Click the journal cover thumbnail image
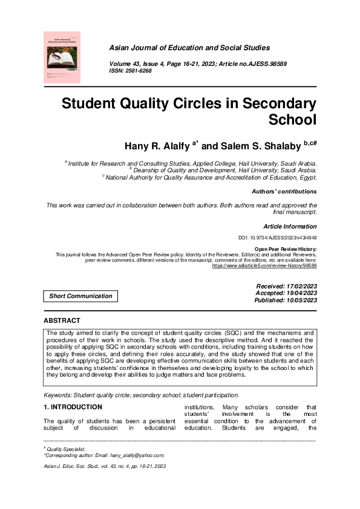(x=62, y=57)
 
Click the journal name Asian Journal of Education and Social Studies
(x=204, y=47)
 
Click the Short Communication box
(x=80, y=296)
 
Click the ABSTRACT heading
(x=62, y=320)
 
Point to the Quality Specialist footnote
(x=67, y=449)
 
